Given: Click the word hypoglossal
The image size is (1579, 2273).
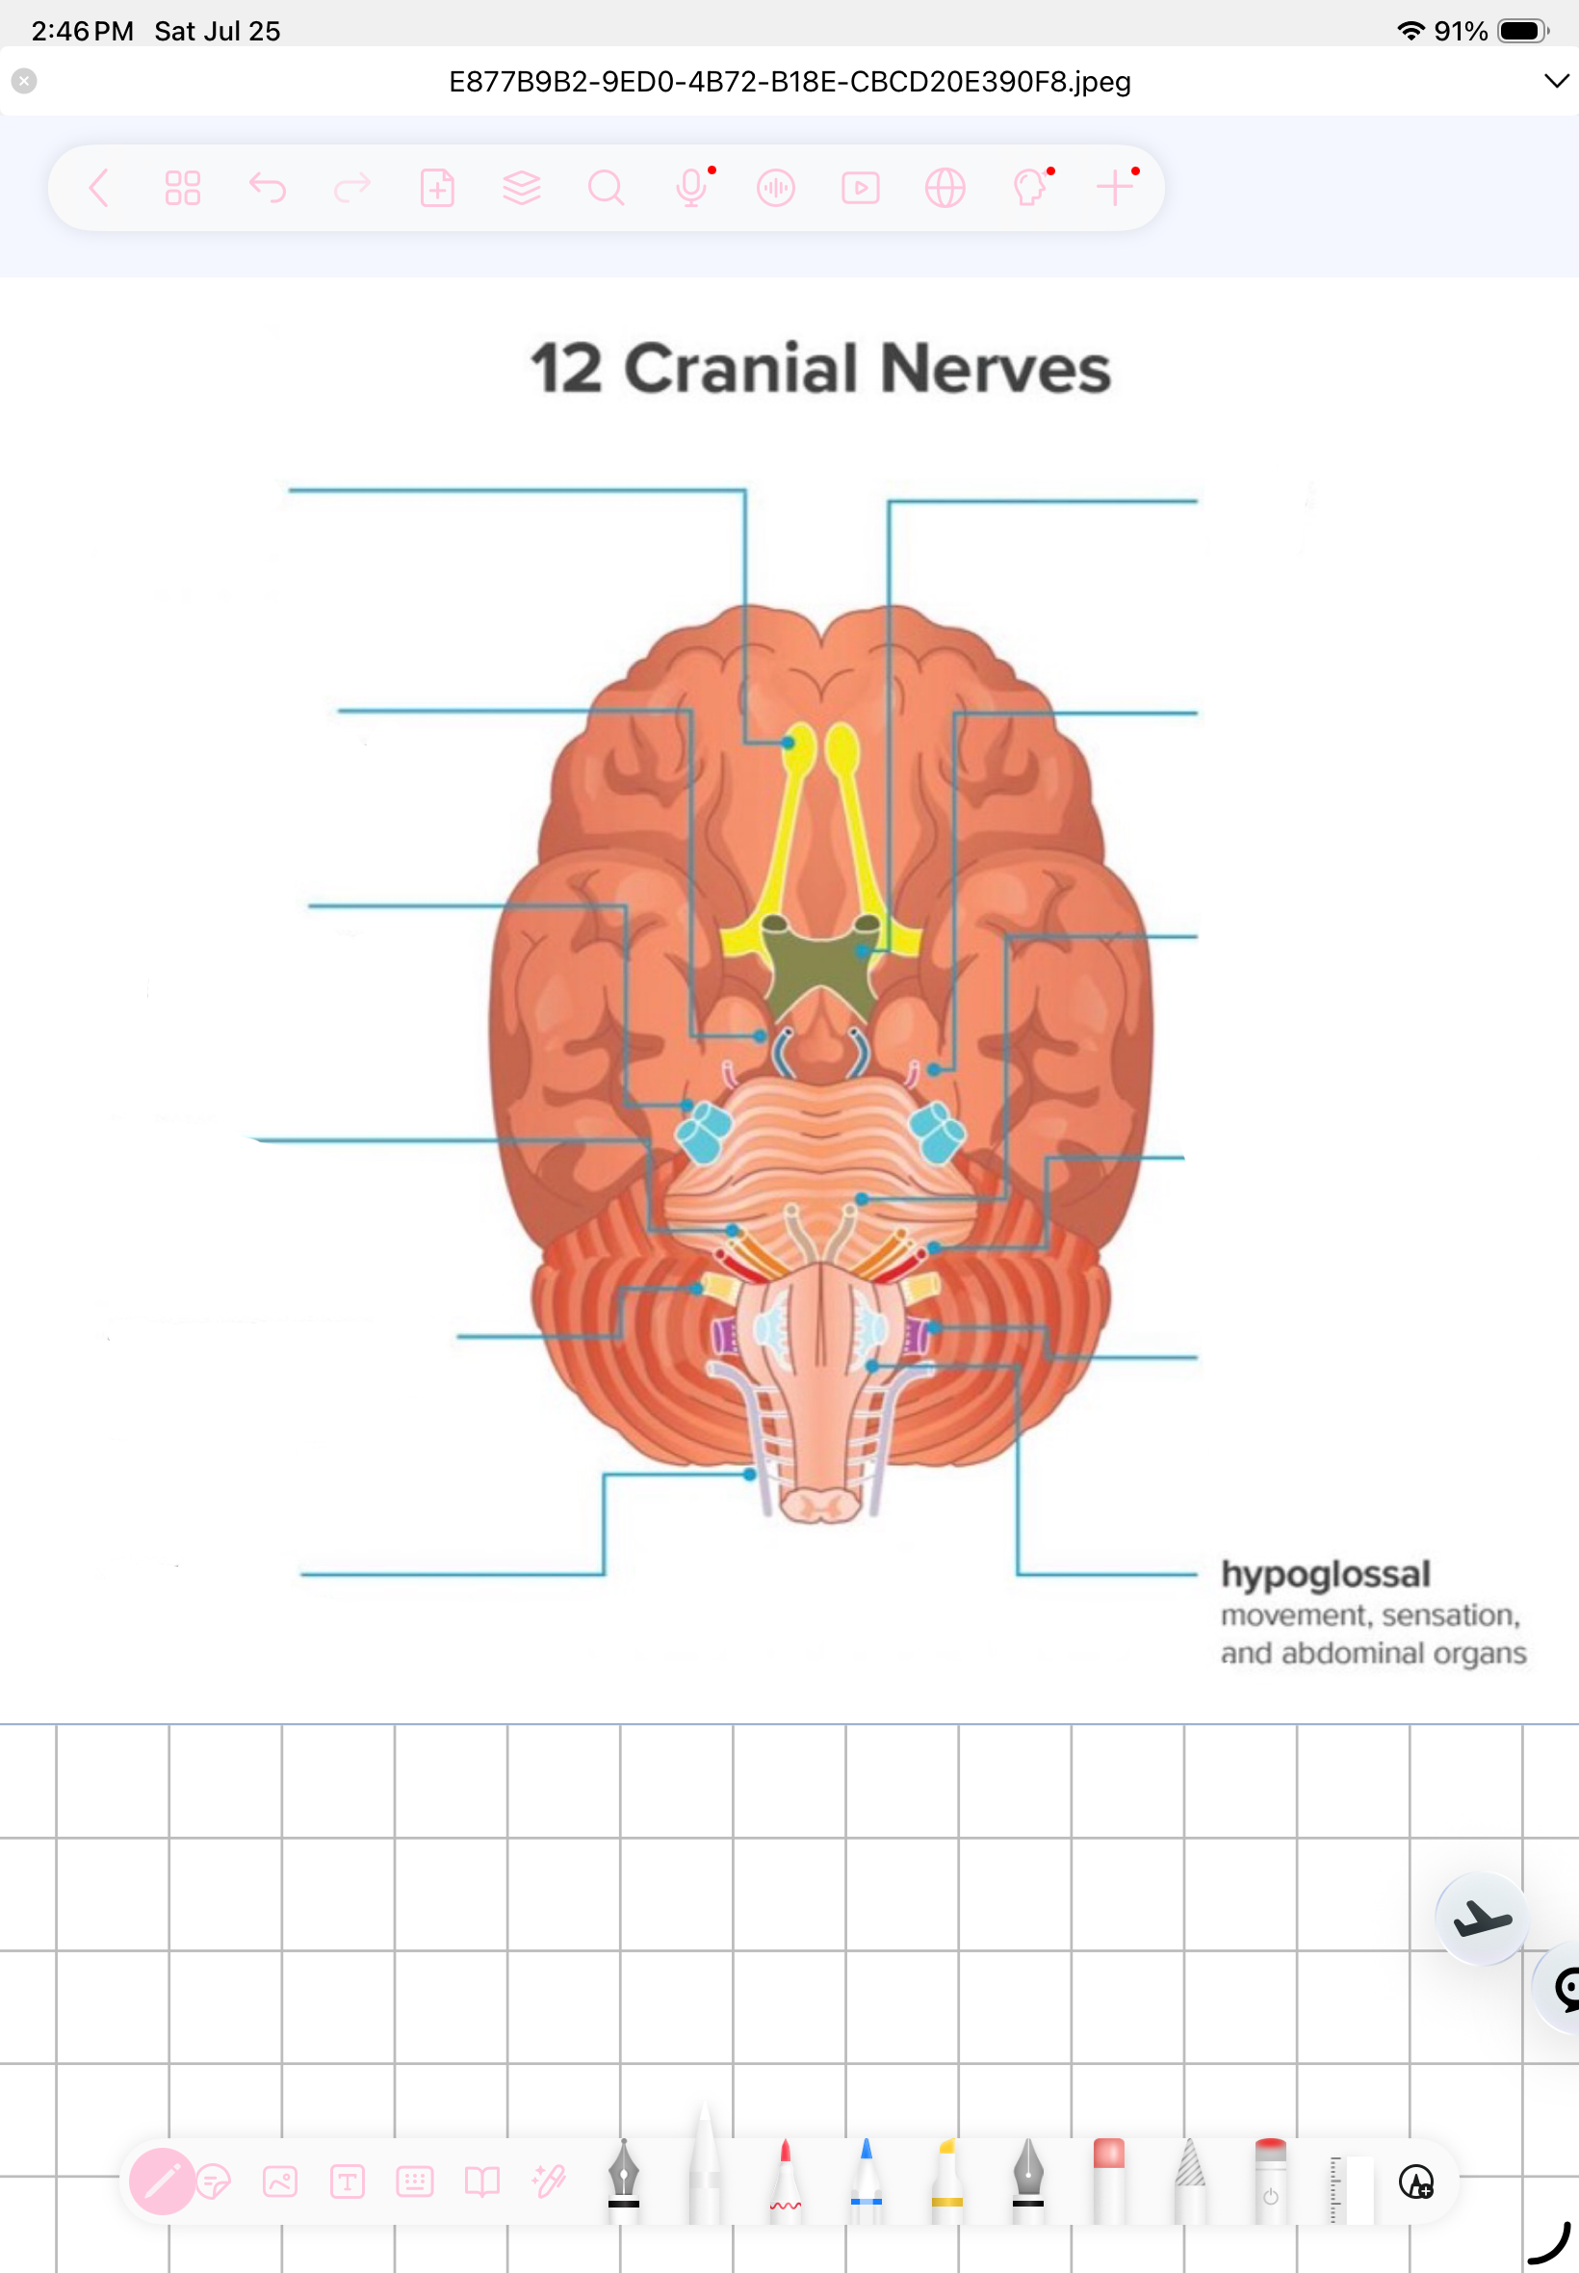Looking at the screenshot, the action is point(1325,1576).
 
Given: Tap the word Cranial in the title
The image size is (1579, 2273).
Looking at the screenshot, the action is point(741,368).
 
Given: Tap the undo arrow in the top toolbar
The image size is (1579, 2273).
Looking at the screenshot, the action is point(267,187).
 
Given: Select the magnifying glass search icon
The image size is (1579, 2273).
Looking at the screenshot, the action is point(606,187).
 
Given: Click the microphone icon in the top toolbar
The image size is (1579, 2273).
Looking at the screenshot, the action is point(691,187).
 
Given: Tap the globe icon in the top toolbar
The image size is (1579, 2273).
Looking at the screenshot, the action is point(945,187).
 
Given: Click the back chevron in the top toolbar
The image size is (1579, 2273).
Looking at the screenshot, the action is point(99,187).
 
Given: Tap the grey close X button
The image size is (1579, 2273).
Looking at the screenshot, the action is point(25,81).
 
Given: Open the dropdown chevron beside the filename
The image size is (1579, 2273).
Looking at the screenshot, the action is point(1556,81).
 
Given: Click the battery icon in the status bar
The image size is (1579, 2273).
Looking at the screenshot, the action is point(1522,31).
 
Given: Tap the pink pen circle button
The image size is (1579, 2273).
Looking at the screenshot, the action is point(163,2181).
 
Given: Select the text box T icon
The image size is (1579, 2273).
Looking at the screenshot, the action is point(348,2181).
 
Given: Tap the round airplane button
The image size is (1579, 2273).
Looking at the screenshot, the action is point(1481,1918).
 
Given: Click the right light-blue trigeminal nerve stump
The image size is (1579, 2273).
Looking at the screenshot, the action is point(936,1132).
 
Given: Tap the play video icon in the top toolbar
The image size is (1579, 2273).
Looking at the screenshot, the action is point(860,187).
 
